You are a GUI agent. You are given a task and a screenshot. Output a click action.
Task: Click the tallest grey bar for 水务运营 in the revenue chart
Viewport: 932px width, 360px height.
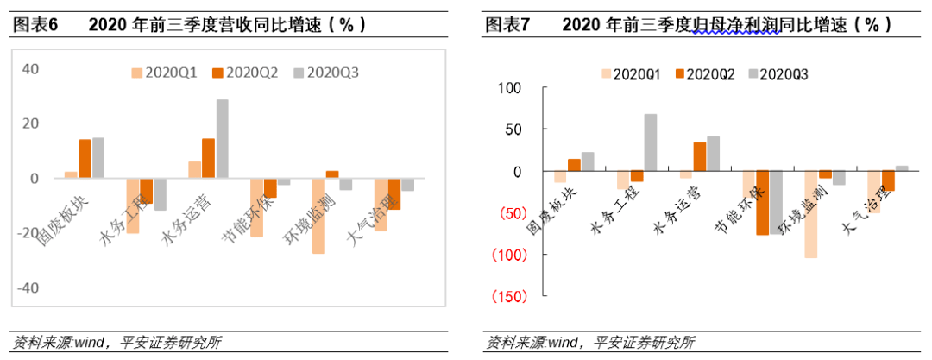click(223, 139)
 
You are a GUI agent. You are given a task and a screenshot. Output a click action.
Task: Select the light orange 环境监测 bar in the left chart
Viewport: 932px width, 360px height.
click(318, 216)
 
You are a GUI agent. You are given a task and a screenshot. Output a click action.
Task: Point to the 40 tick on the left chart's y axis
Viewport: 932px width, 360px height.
click(29, 69)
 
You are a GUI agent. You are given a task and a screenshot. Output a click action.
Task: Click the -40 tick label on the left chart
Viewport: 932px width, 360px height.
click(27, 287)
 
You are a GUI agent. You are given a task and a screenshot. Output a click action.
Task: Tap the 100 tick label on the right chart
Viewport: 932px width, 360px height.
click(512, 87)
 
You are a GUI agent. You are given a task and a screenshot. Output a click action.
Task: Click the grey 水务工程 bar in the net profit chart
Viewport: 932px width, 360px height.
click(650, 142)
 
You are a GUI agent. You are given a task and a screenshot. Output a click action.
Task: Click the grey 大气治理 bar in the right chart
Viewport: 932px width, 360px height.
click(903, 168)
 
